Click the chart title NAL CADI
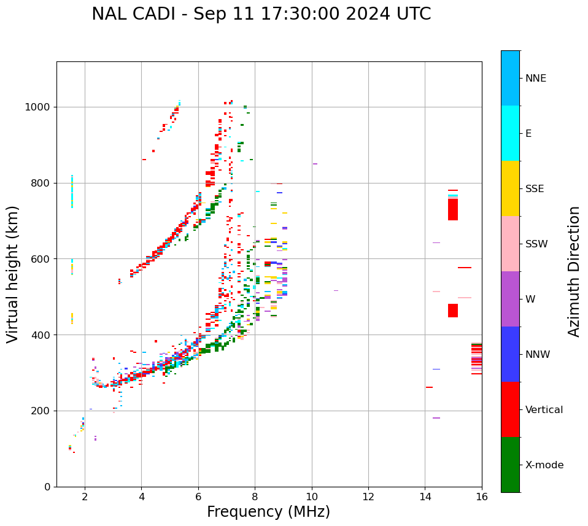(x=261, y=14)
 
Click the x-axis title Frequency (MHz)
(x=268, y=512)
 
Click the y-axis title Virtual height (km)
(x=13, y=274)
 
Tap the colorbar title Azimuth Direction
(x=574, y=271)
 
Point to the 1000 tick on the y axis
(x=41, y=107)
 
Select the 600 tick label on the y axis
(x=43, y=259)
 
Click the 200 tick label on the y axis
(x=43, y=411)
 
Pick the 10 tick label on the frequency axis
(x=311, y=497)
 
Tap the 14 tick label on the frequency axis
(x=425, y=497)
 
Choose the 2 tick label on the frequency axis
(x=85, y=497)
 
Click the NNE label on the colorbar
(x=535, y=79)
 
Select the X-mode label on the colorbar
(x=544, y=465)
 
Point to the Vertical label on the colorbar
(x=544, y=410)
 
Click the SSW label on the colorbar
(x=536, y=244)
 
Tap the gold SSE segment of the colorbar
(x=510, y=188)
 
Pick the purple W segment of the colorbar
(x=510, y=299)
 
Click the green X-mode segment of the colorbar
(x=510, y=465)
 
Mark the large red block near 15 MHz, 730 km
(x=453, y=209)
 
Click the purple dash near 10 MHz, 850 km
(x=315, y=164)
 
